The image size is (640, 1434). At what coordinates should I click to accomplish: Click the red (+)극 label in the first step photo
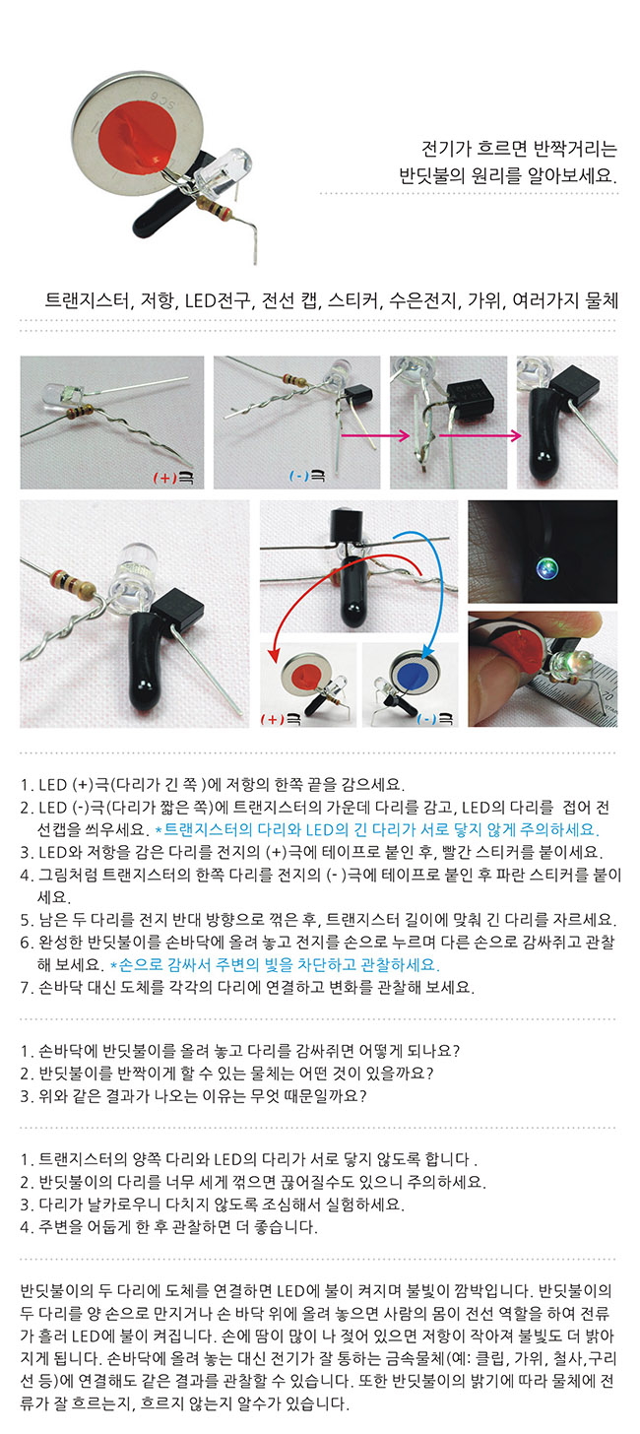pos(173,477)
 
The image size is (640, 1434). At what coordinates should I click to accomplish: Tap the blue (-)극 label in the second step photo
pos(307,477)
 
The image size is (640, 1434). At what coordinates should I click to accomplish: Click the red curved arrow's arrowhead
pos(274,654)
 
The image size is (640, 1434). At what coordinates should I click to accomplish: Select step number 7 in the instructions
pos(27,987)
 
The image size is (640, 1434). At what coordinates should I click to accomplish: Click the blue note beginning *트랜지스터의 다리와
pos(378,829)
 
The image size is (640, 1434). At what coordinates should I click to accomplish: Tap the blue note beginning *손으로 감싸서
pos(276,964)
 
